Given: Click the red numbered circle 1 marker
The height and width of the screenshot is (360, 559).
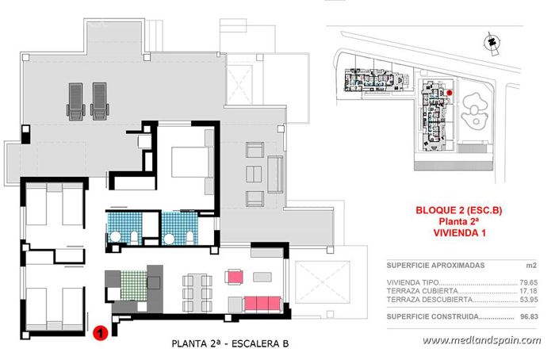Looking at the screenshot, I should point(101,334).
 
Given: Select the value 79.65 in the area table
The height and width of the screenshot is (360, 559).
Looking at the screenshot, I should point(526,281).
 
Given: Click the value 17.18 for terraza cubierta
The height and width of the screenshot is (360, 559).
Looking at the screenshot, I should point(526,291).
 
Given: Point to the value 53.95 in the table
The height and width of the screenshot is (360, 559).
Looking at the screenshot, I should point(526,301).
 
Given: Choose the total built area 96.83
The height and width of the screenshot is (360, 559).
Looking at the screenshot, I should point(526,316).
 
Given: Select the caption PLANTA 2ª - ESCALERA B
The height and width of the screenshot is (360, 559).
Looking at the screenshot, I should point(230,344).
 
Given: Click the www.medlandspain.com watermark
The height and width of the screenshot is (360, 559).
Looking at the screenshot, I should point(481,340).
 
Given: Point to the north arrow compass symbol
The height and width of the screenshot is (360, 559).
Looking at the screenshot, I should point(492,41).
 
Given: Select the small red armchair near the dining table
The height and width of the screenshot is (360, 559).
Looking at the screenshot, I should point(234,277).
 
